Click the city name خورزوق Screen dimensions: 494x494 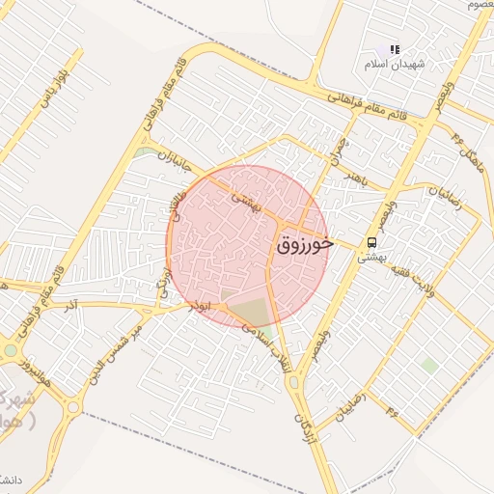pos(305,244)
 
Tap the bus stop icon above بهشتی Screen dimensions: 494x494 pos(371,241)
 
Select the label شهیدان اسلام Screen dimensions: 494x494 pos(388,64)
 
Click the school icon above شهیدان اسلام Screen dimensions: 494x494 pos(394,49)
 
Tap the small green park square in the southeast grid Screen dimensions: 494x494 pos(429,365)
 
